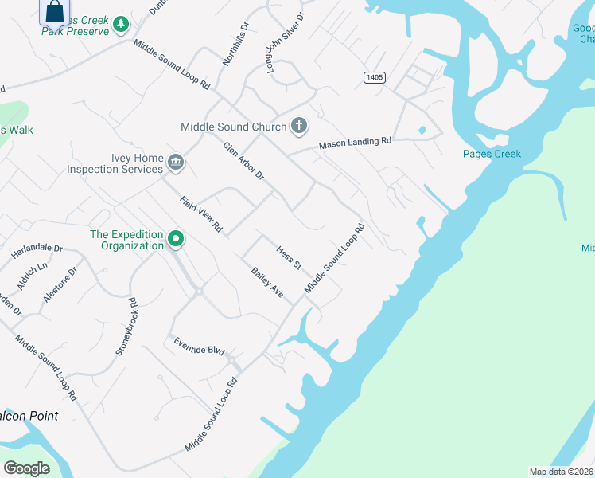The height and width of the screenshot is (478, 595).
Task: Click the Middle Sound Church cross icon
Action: (x=299, y=125)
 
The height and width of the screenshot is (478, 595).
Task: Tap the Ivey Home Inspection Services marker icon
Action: (x=177, y=163)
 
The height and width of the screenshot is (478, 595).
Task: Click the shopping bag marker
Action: (x=54, y=14)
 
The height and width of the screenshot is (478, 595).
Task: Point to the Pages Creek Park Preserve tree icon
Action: (x=120, y=25)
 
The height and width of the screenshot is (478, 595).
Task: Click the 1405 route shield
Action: (x=375, y=76)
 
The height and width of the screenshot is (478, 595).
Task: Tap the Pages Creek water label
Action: (x=492, y=154)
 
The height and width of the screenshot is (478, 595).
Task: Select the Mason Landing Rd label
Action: (x=356, y=143)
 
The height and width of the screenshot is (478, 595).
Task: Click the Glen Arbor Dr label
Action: (x=243, y=161)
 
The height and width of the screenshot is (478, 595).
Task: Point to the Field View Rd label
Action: (x=201, y=215)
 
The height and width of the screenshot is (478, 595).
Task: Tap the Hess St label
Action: (x=289, y=257)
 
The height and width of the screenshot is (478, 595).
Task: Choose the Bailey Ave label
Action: (x=267, y=283)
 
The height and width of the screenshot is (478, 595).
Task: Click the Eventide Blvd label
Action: (x=200, y=346)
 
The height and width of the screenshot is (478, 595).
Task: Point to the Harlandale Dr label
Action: (x=37, y=253)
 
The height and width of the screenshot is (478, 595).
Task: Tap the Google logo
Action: (x=26, y=468)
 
